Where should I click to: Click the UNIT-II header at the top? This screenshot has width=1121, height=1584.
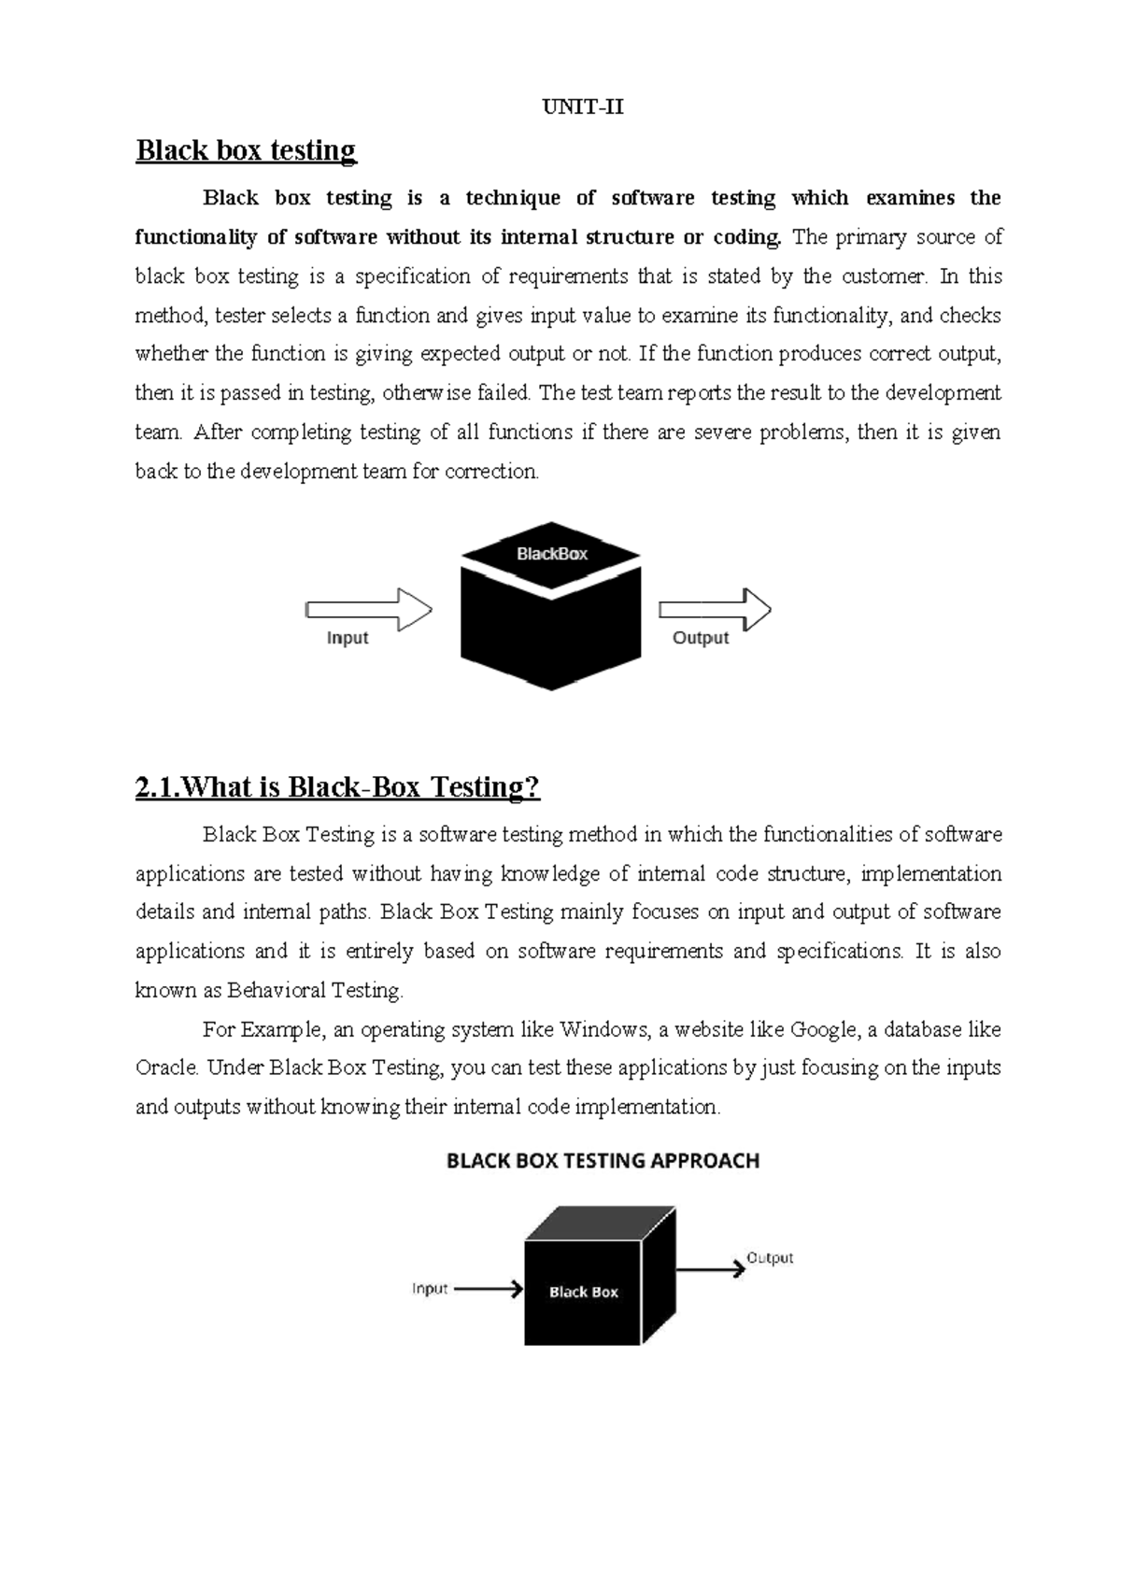(x=583, y=107)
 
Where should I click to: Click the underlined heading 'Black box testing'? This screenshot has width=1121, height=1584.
(x=246, y=150)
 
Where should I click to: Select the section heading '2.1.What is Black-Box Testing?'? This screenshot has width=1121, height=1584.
(x=337, y=787)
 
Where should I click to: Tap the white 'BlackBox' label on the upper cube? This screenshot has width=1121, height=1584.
(x=552, y=554)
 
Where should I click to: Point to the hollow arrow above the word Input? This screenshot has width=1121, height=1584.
(x=369, y=610)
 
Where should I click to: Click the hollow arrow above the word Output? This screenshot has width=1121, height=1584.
(x=715, y=610)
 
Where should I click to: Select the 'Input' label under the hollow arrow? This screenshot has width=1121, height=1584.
(x=348, y=638)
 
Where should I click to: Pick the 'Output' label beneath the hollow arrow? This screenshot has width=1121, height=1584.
(x=701, y=638)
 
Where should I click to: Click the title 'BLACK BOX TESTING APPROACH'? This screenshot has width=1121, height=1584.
(x=603, y=1161)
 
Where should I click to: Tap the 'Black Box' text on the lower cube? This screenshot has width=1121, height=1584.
(x=584, y=1293)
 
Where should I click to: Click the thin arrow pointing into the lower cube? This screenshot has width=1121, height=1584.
(x=488, y=1290)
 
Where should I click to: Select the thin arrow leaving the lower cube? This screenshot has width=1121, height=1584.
(x=710, y=1270)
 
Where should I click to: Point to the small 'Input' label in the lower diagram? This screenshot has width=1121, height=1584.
(x=430, y=1289)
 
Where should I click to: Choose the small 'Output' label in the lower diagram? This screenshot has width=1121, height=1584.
(x=770, y=1258)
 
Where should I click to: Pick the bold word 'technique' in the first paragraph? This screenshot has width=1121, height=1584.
(x=513, y=198)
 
